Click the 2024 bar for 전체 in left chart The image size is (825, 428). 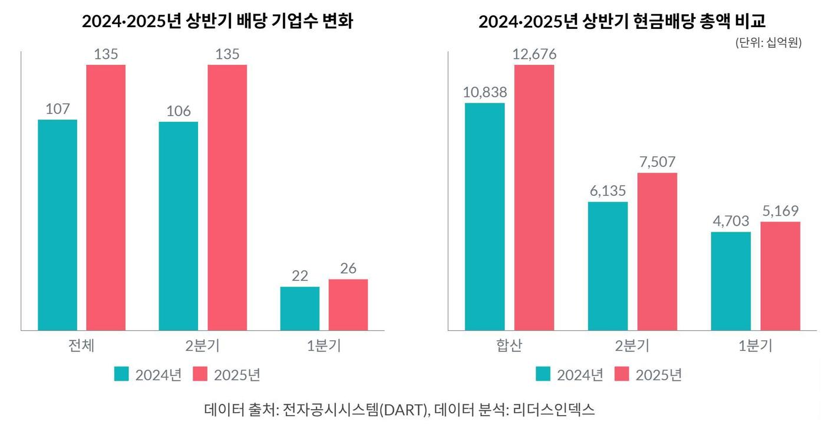[x=57, y=225]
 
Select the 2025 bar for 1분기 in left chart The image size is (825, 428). [x=348, y=304]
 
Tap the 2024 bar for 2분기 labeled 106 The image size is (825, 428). [x=178, y=226]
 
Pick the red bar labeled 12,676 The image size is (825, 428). [x=534, y=197]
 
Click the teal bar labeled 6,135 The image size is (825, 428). [x=608, y=266]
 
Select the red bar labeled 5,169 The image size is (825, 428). [x=780, y=276]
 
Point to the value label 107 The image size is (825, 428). [x=57, y=109]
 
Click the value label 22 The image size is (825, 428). [x=300, y=276]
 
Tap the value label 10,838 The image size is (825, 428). [x=485, y=92]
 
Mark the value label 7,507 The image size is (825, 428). [x=657, y=162]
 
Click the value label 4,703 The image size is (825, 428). [x=731, y=221]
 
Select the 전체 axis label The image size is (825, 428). [x=81, y=345]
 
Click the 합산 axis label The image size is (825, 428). [x=509, y=345]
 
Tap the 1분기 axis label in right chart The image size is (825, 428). [x=755, y=345]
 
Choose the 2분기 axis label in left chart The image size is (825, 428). [x=202, y=345]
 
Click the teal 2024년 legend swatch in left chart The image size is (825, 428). [x=121, y=374]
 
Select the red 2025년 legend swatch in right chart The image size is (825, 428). [x=622, y=374]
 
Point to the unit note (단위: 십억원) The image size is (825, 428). [x=768, y=43]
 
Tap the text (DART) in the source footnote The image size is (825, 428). [x=401, y=409]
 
